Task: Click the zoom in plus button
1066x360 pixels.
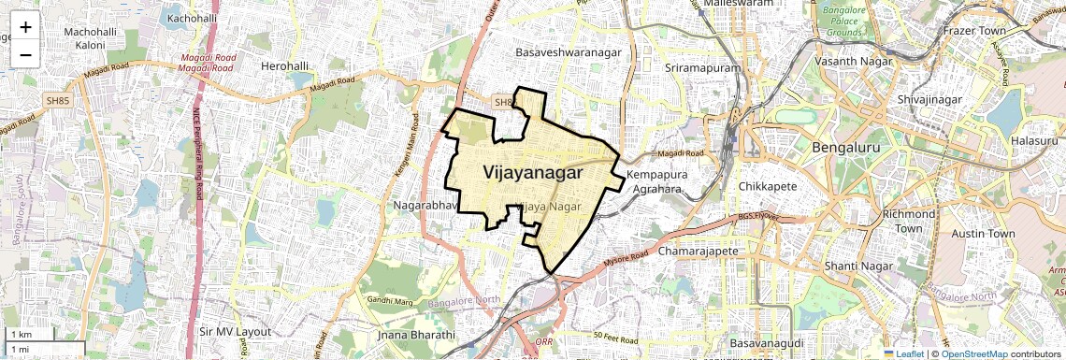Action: tap(25, 27)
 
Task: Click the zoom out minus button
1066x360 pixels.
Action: tap(25, 55)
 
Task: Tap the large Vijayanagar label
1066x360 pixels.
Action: tap(534, 173)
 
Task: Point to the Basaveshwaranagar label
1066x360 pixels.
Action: tap(569, 53)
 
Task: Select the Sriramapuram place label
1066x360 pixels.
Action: tap(702, 69)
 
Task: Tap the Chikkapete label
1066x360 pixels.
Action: tap(768, 186)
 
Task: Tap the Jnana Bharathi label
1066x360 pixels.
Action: tap(415, 335)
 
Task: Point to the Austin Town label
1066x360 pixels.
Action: tap(983, 233)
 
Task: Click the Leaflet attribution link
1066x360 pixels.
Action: tap(903, 353)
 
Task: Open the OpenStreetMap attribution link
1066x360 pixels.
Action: tap(973, 353)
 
